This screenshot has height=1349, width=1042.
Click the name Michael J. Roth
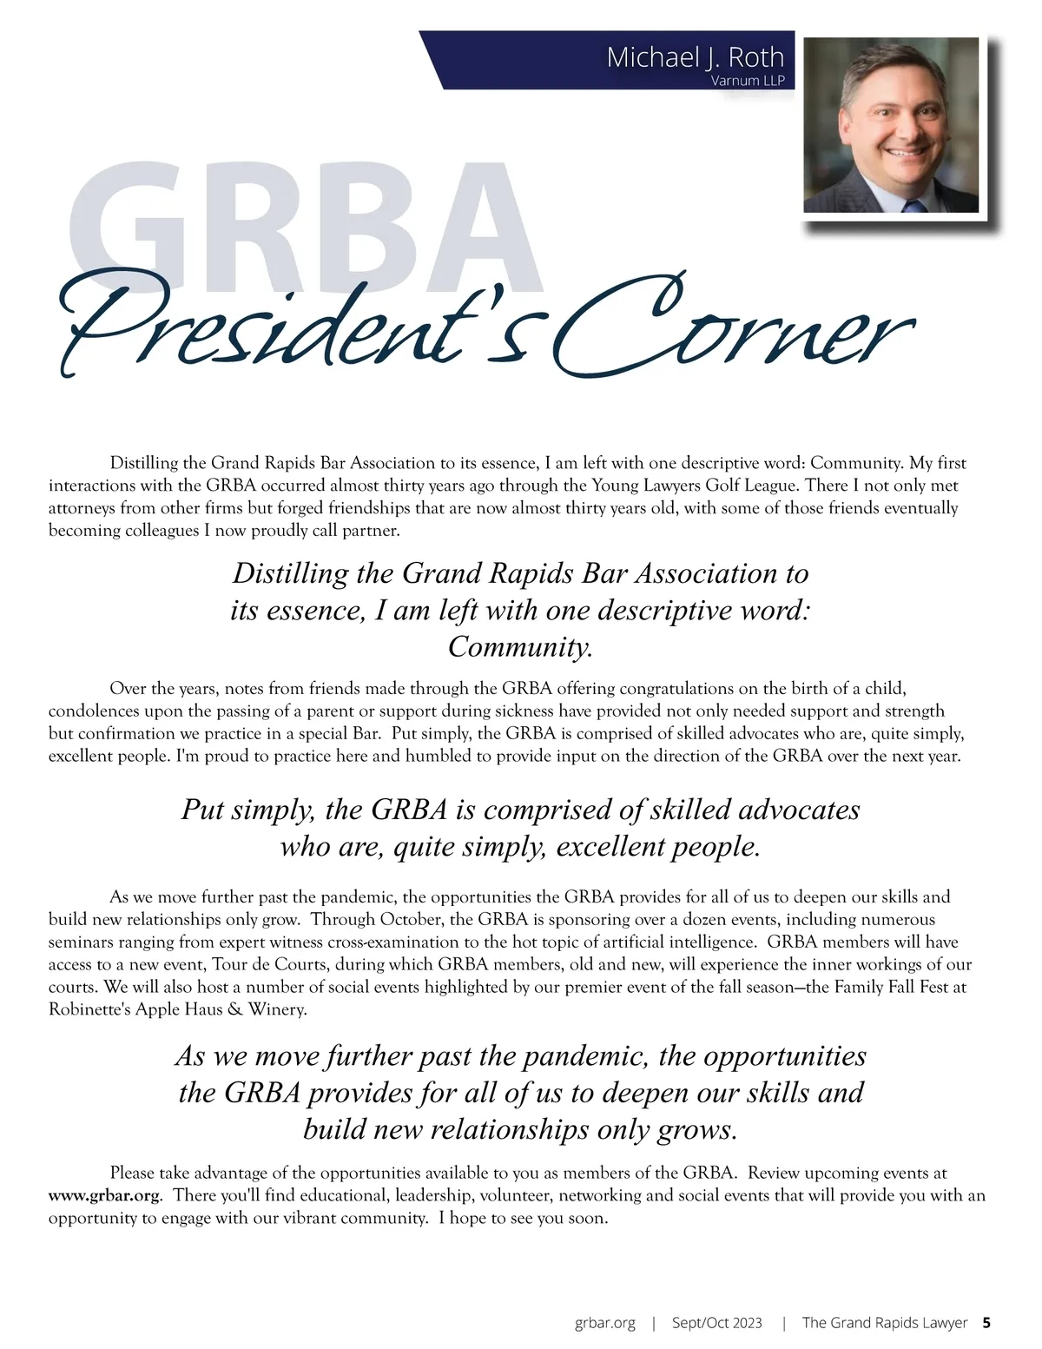point(695,57)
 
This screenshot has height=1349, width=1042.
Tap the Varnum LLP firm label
point(747,82)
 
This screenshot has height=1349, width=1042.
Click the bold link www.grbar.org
point(104,1195)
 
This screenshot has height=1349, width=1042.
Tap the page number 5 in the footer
point(986,1323)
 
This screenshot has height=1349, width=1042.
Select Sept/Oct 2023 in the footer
point(717,1323)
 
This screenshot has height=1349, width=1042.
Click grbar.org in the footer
point(604,1323)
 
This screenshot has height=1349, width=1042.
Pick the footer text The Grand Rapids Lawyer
point(884,1323)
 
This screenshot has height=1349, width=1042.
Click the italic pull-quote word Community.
point(520,647)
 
